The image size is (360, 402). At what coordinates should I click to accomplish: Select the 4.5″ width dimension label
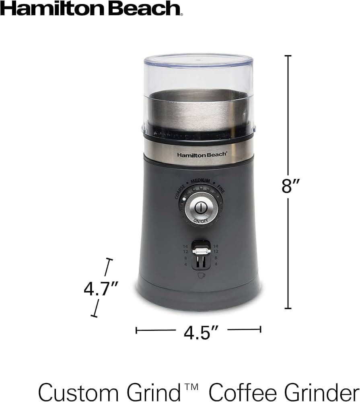pyautogui.click(x=201, y=332)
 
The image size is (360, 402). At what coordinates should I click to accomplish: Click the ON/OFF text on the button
pyautogui.click(x=201, y=221)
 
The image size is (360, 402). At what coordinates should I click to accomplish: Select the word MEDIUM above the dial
pyautogui.click(x=200, y=181)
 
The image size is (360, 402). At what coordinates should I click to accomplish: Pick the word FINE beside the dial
pyautogui.click(x=221, y=189)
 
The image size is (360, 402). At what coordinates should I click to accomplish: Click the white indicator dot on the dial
pyautogui.click(x=184, y=199)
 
